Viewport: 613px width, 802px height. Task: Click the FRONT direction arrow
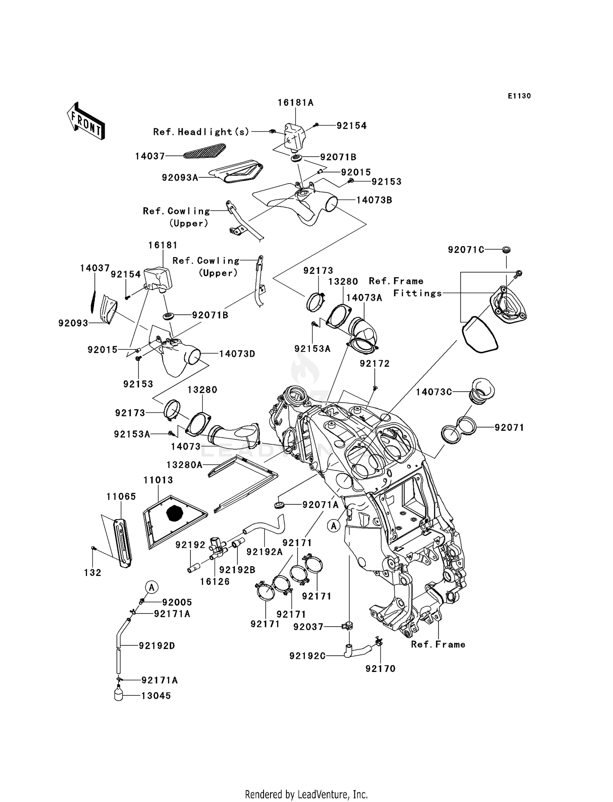(86, 121)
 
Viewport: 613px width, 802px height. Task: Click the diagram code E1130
(519, 96)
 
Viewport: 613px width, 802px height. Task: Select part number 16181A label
(295, 103)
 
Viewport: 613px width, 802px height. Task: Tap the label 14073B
(374, 200)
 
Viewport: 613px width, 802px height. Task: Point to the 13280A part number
(184, 465)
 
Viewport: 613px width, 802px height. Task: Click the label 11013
(158, 480)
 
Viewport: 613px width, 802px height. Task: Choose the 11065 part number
(121, 496)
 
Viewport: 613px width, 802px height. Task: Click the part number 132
(93, 573)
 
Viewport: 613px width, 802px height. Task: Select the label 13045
(156, 696)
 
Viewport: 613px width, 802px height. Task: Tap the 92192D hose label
(157, 646)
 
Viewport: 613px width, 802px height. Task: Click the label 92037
(309, 627)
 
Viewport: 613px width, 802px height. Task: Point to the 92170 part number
(380, 669)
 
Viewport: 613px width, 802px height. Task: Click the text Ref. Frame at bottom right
(438, 645)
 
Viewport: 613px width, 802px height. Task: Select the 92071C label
(466, 250)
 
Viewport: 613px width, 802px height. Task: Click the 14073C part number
(434, 392)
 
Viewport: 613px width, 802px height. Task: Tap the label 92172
(375, 364)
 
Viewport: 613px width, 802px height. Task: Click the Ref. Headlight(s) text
(201, 132)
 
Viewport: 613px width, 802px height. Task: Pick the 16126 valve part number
(215, 581)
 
